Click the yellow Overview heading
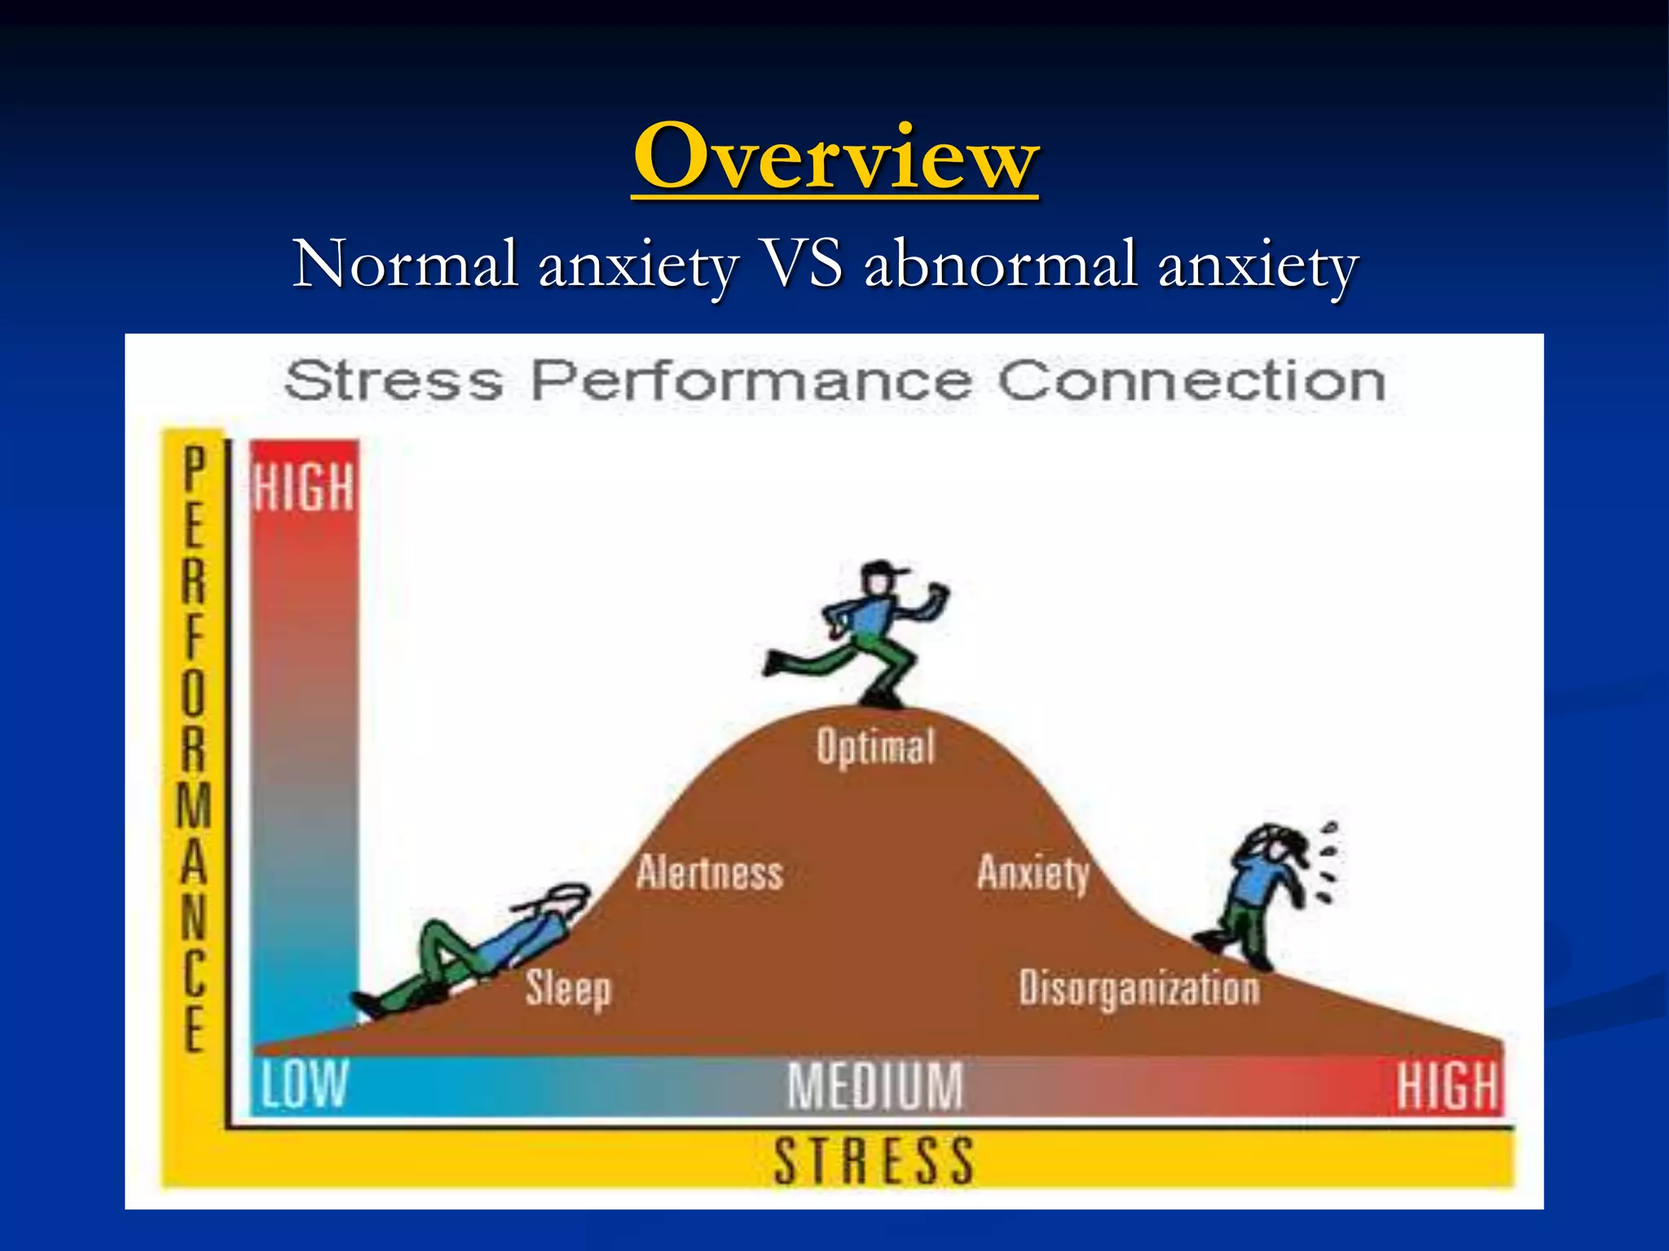(834, 156)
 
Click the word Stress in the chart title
(394, 381)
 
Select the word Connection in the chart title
(1191, 381)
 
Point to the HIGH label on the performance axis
(303, 487)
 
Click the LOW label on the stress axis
(304, 1085)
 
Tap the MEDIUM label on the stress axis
(874, 1086)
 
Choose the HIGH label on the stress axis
(1447, 1086)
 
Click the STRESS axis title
(874, 1161)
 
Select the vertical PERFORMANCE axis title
(194, 749)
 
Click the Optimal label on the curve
(876, 747)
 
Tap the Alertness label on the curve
(710, 873)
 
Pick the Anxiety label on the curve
(1033, 873)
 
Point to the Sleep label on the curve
(568, 989)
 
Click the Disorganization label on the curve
(1139, 989)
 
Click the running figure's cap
(883, 568)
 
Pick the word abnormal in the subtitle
(1000, 264)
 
